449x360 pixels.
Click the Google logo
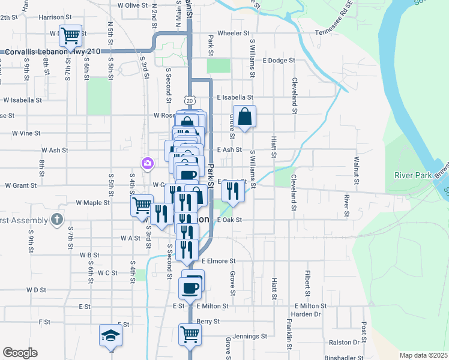20,353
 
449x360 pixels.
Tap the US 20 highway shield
189,99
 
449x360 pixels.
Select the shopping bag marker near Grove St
245,117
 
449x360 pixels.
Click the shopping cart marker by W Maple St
142,205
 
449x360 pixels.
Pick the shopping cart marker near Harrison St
71,36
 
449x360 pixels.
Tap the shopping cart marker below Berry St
190,334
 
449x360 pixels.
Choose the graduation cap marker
110,336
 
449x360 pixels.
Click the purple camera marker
147,163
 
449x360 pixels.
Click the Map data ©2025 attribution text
423,355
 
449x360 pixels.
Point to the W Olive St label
133,5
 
